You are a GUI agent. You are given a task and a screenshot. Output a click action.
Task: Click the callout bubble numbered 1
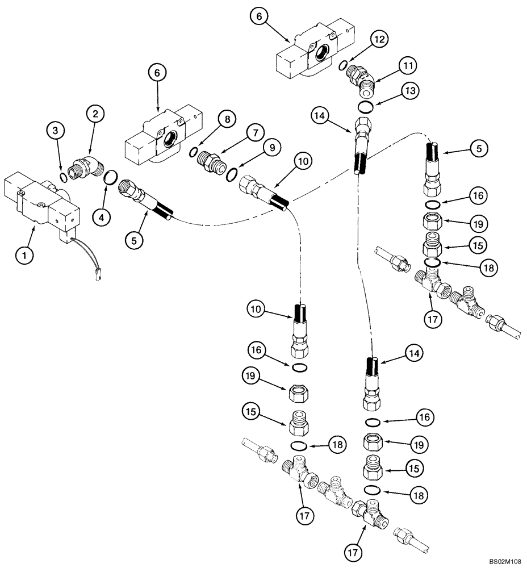24,256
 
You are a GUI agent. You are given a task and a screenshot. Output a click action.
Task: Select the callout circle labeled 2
95,114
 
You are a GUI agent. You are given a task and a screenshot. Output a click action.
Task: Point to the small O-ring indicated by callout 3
63,176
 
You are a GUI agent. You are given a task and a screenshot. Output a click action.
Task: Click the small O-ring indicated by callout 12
342,66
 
